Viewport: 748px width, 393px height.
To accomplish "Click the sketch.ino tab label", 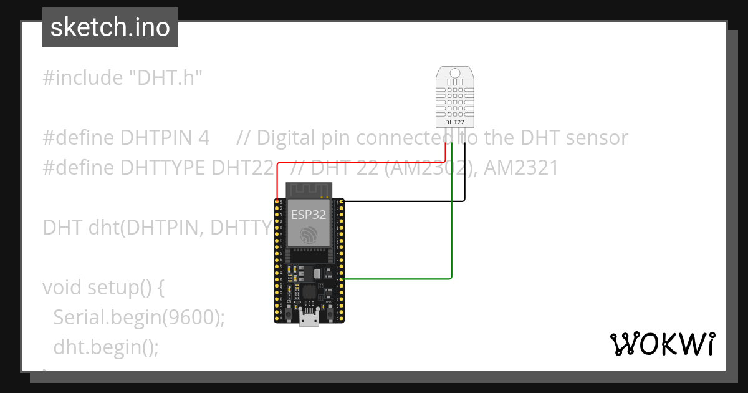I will [110, 27].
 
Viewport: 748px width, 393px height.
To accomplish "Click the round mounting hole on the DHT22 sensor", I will [454, 74].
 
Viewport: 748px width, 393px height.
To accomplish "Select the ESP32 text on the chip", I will [308, 215].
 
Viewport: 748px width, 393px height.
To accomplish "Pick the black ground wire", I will [405, 201].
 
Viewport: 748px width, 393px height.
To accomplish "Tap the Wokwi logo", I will [662, 344].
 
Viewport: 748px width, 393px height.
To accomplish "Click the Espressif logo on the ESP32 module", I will [309, 235].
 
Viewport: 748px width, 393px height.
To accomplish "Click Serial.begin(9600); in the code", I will [138, 317].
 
